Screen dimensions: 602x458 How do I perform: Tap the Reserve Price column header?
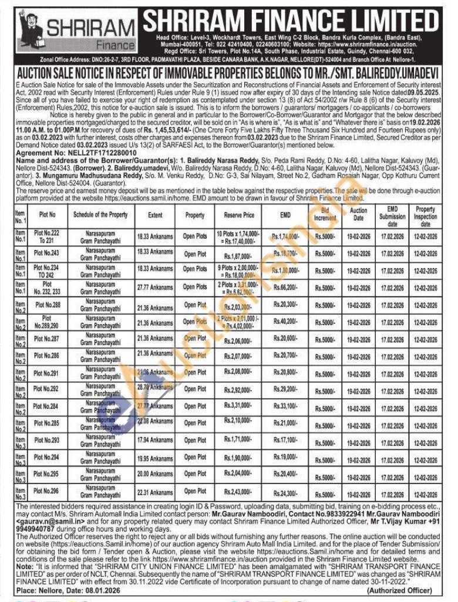point(239,215)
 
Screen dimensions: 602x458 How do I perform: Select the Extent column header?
point(155,215)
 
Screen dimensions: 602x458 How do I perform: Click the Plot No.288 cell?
point(48,305)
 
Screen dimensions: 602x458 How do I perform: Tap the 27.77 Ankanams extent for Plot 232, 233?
point(155,288)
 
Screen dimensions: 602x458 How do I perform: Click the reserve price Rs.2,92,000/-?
point(239,389)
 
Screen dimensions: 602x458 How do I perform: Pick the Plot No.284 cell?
point(48,406)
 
